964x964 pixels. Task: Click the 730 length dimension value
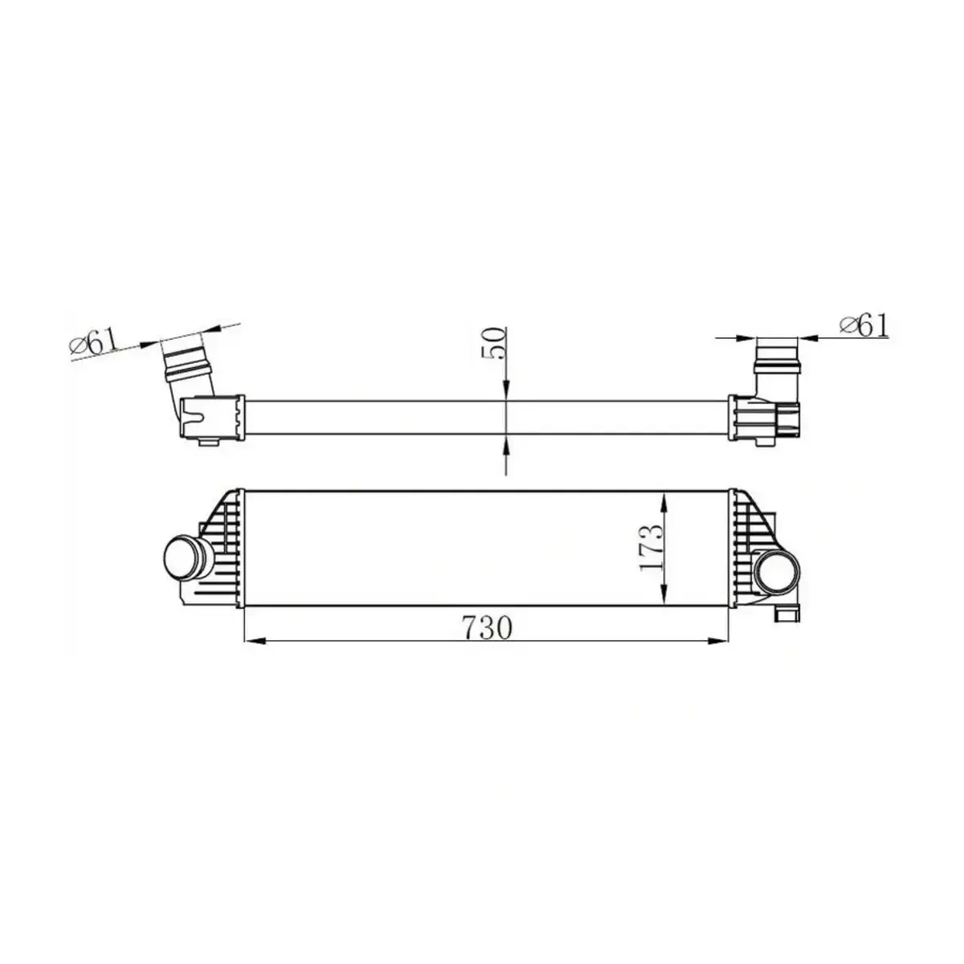[x=487, y=627]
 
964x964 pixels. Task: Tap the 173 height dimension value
[x=652, y=549]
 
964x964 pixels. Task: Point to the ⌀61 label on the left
[x=95, y=345]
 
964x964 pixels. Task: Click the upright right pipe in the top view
[x=777, y=366]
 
